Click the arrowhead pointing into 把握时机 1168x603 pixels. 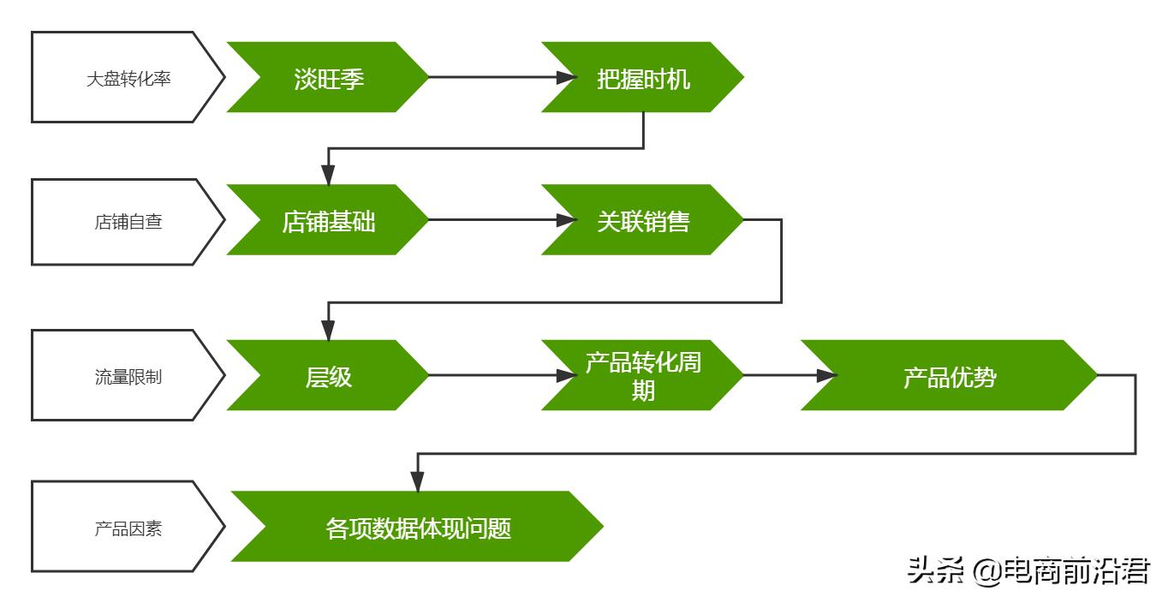(x=565, y=77)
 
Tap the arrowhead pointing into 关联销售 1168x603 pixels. (x=565, y=220)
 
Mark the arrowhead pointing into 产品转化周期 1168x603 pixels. (x=565, y=375)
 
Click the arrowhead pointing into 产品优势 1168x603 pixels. (x=825, y=375)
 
